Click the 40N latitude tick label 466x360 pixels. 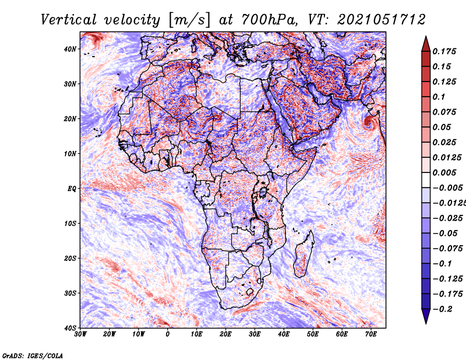[x=70, y=49]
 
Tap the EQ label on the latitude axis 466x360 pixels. [x=72, y=189]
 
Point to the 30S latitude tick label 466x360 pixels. [x=70, y=294]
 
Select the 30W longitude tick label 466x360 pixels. [x=80, y=334]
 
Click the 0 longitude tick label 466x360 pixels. [x=168, y=334]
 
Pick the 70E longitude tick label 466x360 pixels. [x=370, y=334]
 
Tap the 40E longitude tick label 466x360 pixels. [x=284, y=334]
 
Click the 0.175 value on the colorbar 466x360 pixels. [x=444, y=51]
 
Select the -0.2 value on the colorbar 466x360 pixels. [x=442, y=309]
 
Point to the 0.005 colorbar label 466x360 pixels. [x=444, y=172]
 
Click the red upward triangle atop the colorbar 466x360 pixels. [x=426, y=44]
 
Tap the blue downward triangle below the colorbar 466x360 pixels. [x=426, y=316]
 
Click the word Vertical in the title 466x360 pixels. [x=69, y=20]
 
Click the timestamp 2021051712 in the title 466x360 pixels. [x=382, y=20]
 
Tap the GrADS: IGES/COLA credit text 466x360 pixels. [x=33, y=355]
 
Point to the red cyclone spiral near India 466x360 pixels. [x=369, y=122]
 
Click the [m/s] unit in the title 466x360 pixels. [x=189, y=20]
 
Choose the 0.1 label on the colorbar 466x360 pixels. [x=439, y=97]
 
